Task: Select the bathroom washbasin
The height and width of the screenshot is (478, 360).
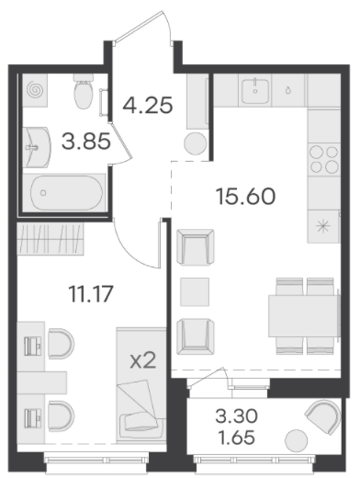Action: point(37,147)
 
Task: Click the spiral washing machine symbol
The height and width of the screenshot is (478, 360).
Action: point(35,90)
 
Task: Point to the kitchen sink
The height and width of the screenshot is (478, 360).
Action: point(255,91)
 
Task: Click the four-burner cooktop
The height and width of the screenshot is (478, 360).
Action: point(324,159)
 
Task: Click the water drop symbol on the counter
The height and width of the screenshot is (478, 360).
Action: point(288,90)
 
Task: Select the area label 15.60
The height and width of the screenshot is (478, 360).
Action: point(245,197)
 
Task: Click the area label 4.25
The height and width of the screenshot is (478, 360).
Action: point(148,105)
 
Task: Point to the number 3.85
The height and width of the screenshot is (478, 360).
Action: point(85,142)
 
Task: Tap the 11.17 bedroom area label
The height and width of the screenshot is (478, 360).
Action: point(91,294)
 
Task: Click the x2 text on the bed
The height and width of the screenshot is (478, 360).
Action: point(143,360)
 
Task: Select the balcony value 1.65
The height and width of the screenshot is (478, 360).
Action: point(236,438)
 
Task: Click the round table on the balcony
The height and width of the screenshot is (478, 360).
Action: point(297,440)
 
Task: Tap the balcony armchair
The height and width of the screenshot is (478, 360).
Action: point(323,416)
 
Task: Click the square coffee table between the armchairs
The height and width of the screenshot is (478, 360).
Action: point(195,291)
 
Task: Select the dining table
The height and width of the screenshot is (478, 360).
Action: point(304,316)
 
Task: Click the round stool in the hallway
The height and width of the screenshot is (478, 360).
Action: point(196,143)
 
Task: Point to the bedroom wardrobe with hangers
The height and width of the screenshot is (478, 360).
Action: point(51,238)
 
